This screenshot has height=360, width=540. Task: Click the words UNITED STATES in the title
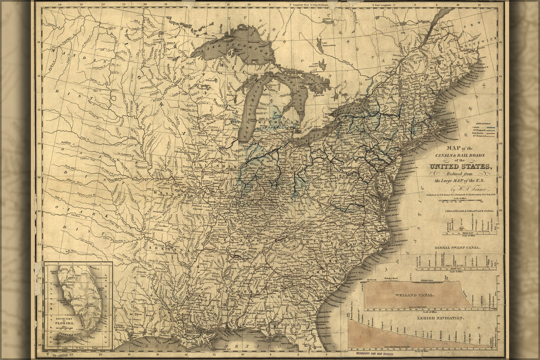tap(460, 166)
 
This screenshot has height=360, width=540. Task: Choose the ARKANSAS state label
tap(166, 248)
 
